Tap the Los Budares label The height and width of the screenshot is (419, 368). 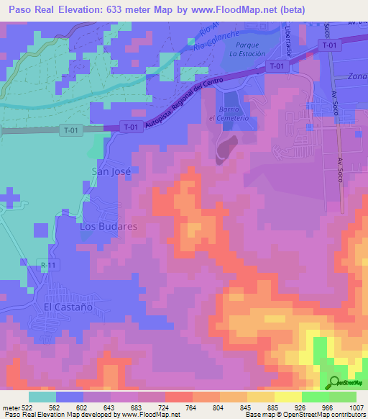108,226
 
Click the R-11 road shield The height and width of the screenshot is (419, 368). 48,266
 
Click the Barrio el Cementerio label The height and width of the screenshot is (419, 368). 229,114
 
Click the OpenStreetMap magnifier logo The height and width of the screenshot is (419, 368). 334,382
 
